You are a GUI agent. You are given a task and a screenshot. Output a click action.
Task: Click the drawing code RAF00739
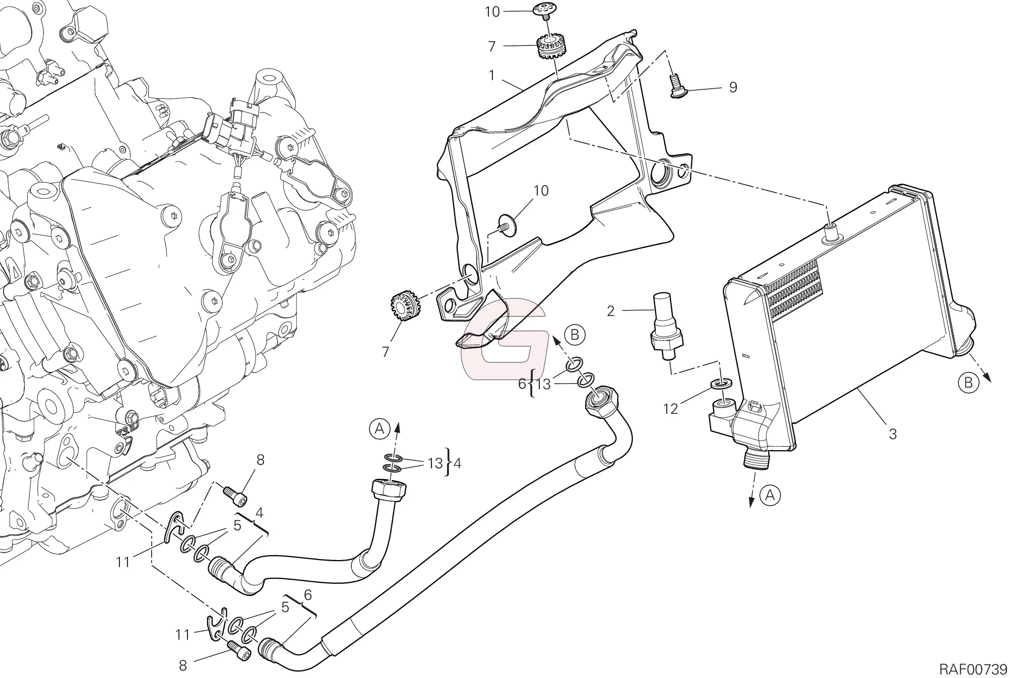[973, 669]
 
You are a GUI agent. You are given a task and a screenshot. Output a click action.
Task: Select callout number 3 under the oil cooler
[892, 434]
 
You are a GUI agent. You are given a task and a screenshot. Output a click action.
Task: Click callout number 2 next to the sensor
[611, 311]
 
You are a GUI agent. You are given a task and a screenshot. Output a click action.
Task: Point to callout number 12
[670, 408]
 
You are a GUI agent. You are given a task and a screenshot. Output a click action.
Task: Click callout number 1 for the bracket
[492, 76]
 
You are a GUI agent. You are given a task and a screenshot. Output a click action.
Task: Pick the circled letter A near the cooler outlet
[770, 496]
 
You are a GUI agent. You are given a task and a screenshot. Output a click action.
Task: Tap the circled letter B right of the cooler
[968, 383]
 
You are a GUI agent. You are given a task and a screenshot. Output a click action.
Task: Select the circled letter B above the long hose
[575, 334]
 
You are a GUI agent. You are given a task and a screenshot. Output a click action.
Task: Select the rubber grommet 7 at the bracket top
[551, 46]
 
